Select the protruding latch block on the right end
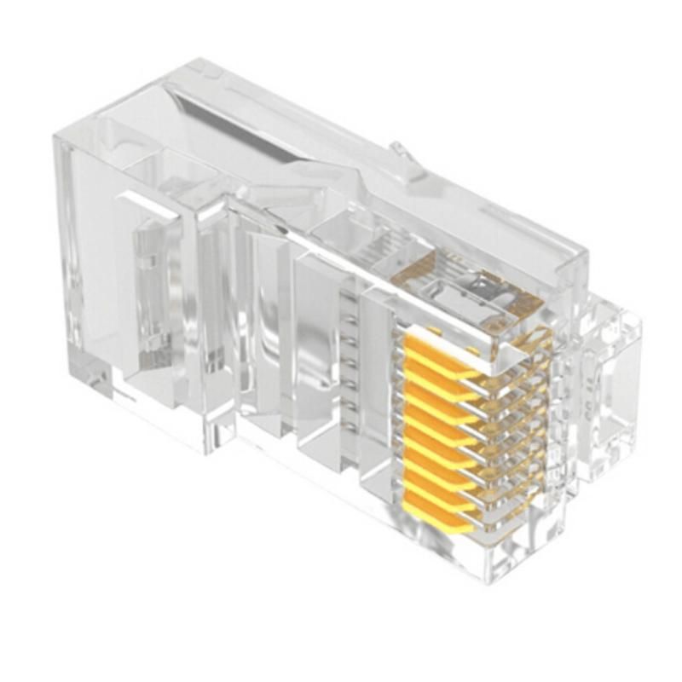coord(610,384)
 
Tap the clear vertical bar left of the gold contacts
coord(375,392)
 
